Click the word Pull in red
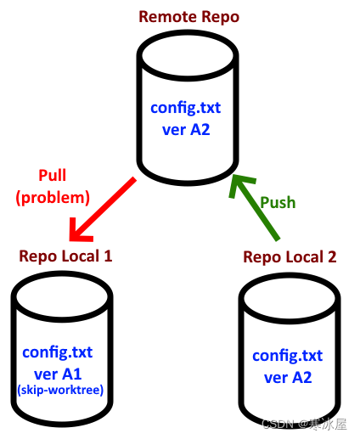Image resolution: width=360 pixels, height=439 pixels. [53, 176]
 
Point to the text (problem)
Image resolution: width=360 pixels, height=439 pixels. [53, 197]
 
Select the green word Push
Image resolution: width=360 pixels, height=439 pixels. [278, 202]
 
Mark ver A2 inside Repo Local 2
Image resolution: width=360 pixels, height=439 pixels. [287, 376]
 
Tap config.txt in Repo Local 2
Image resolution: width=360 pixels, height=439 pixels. [287, 356]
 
